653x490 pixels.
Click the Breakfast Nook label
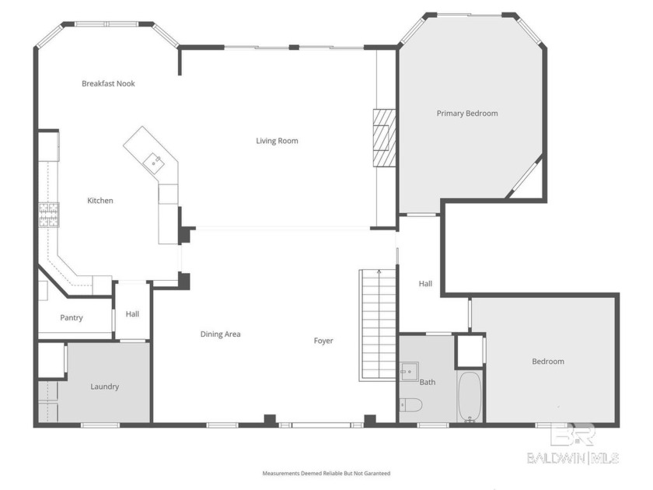pos(108,83)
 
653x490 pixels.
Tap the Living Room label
pos(277,141)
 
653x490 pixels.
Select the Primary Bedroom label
pos(466,114)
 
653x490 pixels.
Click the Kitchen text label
pos(100,201)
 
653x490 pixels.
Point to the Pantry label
pos(72,317)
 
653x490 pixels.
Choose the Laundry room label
pos(104,387)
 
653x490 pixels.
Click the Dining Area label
pos(220,334)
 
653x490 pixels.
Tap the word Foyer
pos(323,341)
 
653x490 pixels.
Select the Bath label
pos(428,382)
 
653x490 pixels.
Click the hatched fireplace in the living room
pos(383,137)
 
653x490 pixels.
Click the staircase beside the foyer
pos(378,324)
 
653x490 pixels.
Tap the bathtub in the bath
pos(470,397)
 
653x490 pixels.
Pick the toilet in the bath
pos(410,404)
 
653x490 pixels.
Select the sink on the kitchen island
pos(155,161)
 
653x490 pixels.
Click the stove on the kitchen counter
pos(49,215)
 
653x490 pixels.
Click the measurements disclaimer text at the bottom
pos(326,473)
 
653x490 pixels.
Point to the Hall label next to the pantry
pos(132,314)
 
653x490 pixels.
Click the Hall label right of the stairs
pos(425,284)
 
